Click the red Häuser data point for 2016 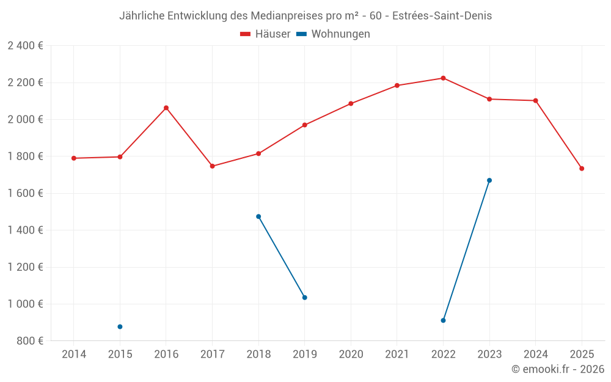pyautogui.click(x=166, y=108)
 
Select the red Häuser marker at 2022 pyautogui.click(x=443, y=78)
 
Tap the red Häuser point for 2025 pyautogui.click(x=582, y=169)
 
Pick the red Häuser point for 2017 pyautogui.click(x=212, y=166)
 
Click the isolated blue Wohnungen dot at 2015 pyautogui.click(x=120, y=327)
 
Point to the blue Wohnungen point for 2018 pyautogui.click(x=258, y=216)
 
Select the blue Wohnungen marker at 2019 pyautogui.click(x=305, y=298)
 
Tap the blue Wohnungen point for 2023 pyautogui.click(x=489, y=180)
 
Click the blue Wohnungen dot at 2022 pyautogui.click(x=443, y=320)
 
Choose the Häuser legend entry pyautogui.click(x=265, y=34)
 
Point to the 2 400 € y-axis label pyautogui.click(x=25, y=46)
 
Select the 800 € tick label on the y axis pyautogui.click(x=29, y=341)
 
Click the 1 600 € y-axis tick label pyautogui.click(x=25, y=193)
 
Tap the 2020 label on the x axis pyautogui.click(x=351, y=354)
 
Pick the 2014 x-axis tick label pyautogui.click(x=74, y=354)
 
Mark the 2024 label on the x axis pyautogui.click(x=535, y=354)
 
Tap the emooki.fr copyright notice pyautogui.click(x=558, y=369)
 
